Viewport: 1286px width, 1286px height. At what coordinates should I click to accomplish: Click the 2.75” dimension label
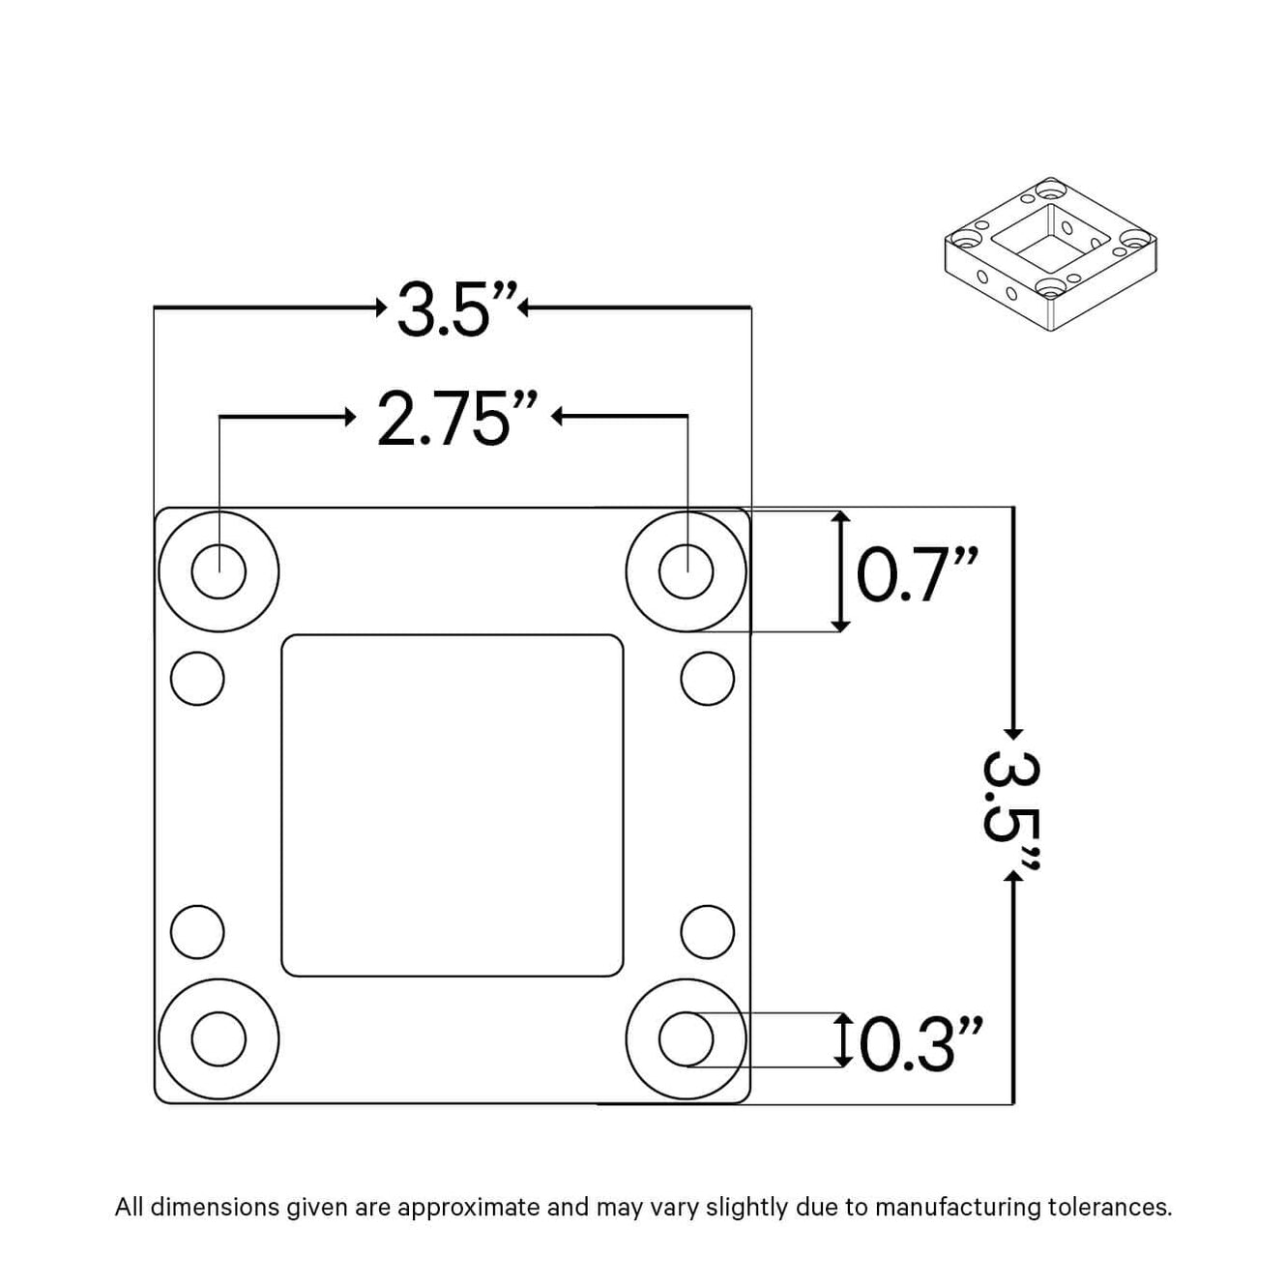(456, 419)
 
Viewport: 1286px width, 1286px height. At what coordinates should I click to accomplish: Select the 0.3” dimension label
(921, 1044)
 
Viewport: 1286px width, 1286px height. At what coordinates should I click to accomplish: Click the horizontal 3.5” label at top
(457, 309)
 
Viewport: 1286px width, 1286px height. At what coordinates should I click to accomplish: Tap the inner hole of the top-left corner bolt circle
(219, 571)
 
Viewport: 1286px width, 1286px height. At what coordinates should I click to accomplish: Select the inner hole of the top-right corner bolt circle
(687, 571)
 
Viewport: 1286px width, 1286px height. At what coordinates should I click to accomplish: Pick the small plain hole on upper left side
(197, 679)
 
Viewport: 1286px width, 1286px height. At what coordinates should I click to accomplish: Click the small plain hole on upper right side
(708, 679)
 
